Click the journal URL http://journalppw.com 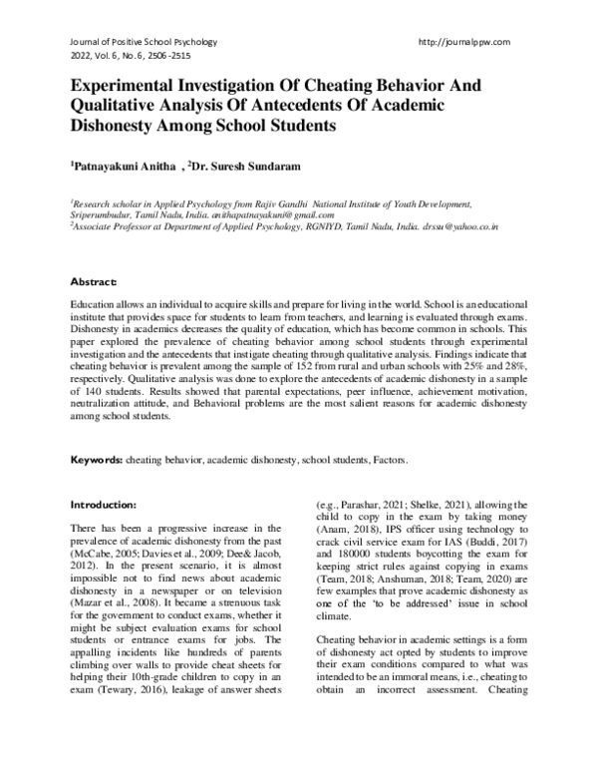coord(466,41)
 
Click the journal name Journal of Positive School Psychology coord(144,41)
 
